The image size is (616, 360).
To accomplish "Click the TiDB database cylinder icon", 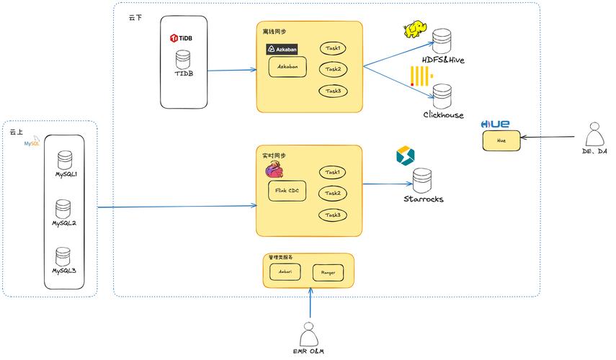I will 184,58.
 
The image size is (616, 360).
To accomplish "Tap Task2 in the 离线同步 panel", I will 332,69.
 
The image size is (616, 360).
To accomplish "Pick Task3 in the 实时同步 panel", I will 332,215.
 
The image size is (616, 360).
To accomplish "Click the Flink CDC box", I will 287,192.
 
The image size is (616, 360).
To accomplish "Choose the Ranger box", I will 328,273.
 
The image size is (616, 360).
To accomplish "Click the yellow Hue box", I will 501,140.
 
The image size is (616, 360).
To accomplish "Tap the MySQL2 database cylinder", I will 64,209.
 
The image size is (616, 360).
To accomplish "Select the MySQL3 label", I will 64,271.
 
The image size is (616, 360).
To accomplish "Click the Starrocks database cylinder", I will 422,179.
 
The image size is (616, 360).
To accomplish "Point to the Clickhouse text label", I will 443,115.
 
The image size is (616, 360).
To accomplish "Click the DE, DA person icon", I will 594,135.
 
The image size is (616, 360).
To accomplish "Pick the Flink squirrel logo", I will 274,170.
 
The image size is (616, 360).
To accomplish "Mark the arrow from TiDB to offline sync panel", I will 231,70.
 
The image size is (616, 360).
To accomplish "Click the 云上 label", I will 16,132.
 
